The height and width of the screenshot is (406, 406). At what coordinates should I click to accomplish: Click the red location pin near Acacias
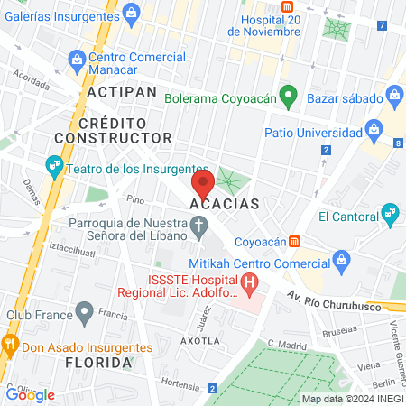[202, 184]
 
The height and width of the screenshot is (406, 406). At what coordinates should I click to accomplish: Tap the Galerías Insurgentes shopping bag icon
[132, 12]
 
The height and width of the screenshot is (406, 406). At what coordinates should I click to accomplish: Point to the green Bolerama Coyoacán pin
[289, 95]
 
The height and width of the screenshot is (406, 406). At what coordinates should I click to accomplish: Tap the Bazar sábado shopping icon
[394, 94]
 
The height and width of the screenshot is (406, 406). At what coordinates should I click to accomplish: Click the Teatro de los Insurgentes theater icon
[53, 167]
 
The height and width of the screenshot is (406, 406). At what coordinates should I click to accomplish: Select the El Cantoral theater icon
[390, 214]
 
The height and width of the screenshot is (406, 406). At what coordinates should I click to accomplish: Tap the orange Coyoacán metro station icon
[293, 242]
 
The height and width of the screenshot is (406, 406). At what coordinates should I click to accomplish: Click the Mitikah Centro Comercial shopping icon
[341, 263]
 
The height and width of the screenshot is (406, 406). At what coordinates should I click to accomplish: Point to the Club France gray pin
[85, 313]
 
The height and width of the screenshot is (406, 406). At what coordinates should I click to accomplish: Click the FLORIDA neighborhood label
[99, 362]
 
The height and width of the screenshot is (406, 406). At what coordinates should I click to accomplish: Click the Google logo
[30, 394]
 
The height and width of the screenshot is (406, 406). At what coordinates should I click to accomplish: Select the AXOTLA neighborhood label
[199, 341]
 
